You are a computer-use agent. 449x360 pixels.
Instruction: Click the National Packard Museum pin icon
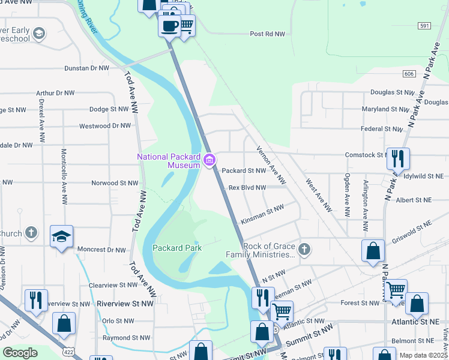[210, 160]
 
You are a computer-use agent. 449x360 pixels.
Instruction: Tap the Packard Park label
[177, 247]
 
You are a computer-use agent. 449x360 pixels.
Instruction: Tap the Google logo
[20, 353]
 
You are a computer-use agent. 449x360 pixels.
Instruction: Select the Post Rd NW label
[267, 34]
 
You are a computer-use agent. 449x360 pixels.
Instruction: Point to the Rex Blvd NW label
[247, 188]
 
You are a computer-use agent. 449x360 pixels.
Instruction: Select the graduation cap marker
[61, 237]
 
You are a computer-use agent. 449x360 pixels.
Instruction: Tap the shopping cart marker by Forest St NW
[396, 291]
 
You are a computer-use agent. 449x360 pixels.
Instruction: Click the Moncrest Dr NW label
[101, 250]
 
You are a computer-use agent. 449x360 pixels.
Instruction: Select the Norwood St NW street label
[115, 183]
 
